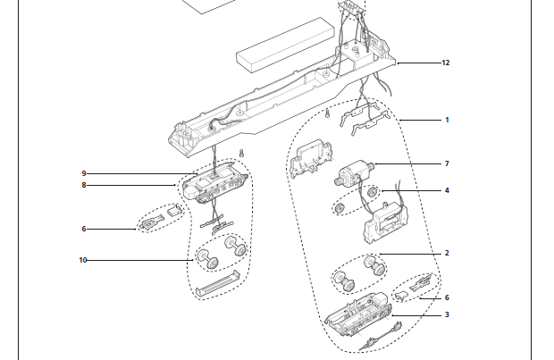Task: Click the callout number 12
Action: (x=446, y=63)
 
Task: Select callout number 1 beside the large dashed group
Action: (x=447, y=120)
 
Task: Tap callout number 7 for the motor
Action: (x=447, y=163)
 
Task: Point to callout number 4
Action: (x=447, y=190)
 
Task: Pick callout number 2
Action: (x=447, y=253)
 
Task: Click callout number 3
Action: (x=447, y=314)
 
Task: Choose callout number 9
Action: (x=84, y=173)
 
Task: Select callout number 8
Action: (x=84, y=185)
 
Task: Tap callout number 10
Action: (x=83, y=260)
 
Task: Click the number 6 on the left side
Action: (x=84, y=229)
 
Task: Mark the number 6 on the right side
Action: (x=447, y=297)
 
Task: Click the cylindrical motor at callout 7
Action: (x=355, y=172)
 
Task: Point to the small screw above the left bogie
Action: (x=241, y=153)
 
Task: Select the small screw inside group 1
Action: (x=327, y=113)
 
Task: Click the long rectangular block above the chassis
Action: (x=285, y=45)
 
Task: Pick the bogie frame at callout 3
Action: (x=358, y=312)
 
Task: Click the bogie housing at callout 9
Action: (x=215, y=183)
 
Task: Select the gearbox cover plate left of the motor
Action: (x=311, y=157)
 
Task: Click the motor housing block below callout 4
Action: (x=385, y=222)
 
